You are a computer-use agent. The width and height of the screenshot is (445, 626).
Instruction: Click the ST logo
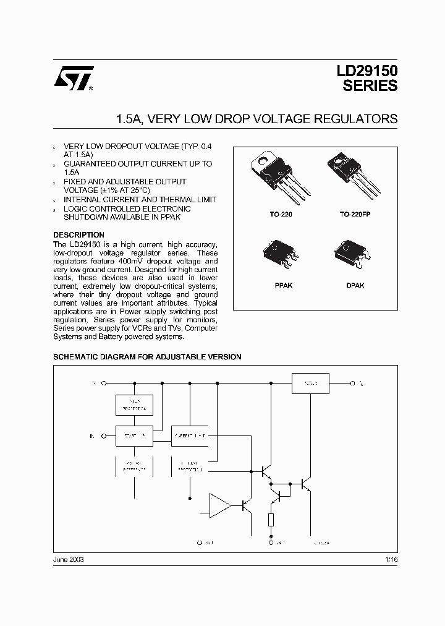73,79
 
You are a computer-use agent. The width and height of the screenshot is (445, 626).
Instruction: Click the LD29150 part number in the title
367,71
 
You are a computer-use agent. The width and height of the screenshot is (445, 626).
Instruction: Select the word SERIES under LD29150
370,87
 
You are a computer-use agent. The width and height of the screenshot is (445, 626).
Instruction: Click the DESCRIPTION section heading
78,235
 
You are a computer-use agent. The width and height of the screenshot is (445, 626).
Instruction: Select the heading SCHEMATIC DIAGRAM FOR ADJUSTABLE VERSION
147,357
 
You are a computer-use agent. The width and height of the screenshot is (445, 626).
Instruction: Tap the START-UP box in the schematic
134,435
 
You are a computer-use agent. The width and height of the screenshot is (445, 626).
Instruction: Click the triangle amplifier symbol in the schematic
219,505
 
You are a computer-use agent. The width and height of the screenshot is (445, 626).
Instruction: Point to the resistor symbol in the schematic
271,519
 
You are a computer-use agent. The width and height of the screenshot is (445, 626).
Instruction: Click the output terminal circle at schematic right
352,383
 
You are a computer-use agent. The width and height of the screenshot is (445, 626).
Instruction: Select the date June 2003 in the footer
69,559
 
